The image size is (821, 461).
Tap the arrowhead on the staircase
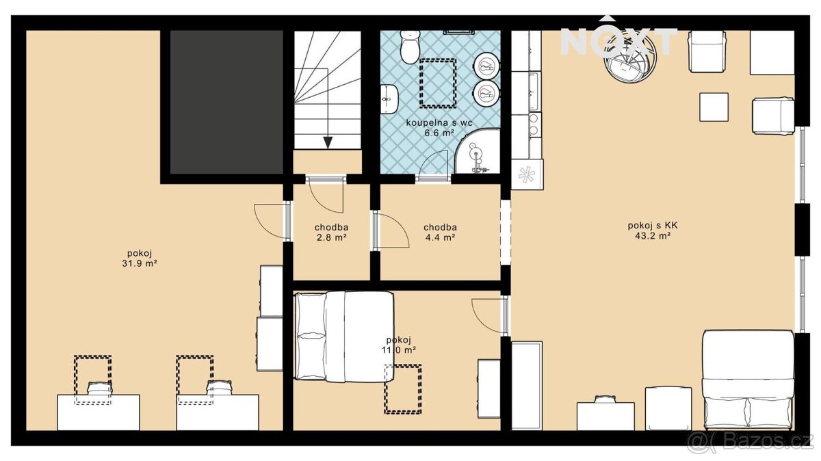pyautogui.click(x=328, y=142)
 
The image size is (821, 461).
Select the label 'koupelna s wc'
pyautogui.click(x=439, y=122)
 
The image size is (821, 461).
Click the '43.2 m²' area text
pyautogui.click(x=653, y=236)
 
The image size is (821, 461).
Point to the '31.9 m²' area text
pyautogui.click(x=140, y=263)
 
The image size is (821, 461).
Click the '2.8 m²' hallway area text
pyautogui.click(x=331, y=237)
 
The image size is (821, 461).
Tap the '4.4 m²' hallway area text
pyautogui.click(x=440, y=237)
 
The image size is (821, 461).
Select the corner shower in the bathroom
pyautogui.click(x=478, y=150)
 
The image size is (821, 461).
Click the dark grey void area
pyautogui.click(x=226, y=102)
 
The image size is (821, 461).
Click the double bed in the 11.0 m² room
pyautogui.click(x=345, y=337)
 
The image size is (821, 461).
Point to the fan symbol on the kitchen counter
pyautogui.click(x=527, y=175)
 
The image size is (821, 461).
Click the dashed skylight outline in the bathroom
pyautogui.click(x=438, y=83)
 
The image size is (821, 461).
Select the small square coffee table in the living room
pyautogui.click(x=714, y=107)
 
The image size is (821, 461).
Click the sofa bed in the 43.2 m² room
pyautogui.click(x=748, y=380)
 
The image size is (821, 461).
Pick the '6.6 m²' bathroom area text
pyautogui.click(x=439, y=133)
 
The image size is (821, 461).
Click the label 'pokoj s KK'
pyautogui.click(x=653, y=225)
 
